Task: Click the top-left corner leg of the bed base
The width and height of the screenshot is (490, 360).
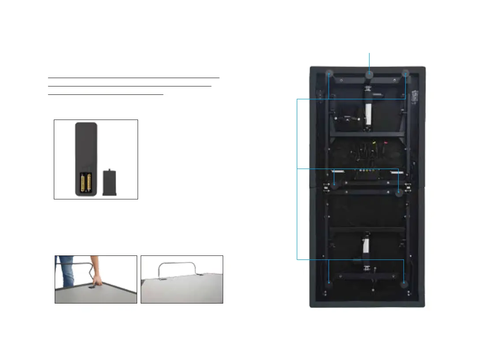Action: pyautogui.click(x=329, y=74)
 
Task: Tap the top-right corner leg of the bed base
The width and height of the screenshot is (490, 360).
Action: pyautogui.click(x=406, y=74)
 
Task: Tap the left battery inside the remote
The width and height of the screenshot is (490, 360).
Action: pyautogui.click(x=83, y=183)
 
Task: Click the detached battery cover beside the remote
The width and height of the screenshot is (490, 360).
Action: pyautogui.click(x=109, y=182)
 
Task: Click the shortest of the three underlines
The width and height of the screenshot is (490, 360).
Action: pyautogui.click(x=105, y=94)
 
